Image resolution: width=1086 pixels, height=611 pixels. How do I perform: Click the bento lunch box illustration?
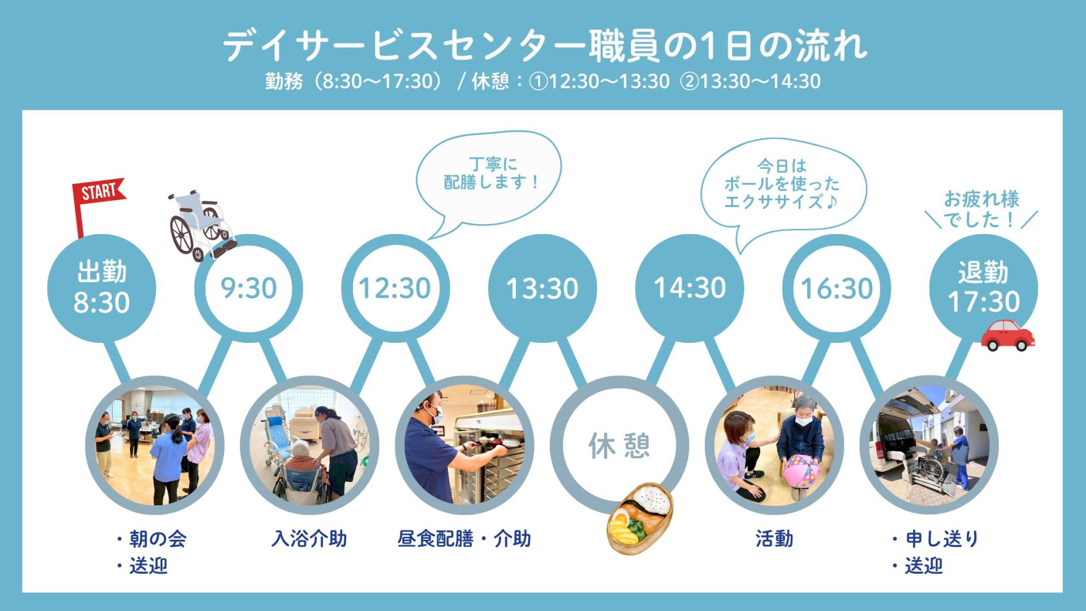click(640, 518)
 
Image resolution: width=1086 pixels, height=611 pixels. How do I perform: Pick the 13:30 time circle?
click(542, 288)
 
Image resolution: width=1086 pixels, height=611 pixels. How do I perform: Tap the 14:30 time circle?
click(689, 288)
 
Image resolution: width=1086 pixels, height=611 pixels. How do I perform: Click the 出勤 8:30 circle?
click(102, 288)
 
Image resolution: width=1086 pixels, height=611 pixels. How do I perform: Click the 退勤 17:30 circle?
click(984, 288)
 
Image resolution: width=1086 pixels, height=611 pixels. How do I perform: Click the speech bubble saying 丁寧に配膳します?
click(489, 178)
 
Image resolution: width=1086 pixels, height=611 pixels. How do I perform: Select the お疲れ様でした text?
click(981, 209)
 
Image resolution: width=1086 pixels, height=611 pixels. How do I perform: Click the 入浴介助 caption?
click(309, 539)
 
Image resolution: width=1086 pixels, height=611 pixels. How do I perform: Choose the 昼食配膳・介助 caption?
click(464, 539)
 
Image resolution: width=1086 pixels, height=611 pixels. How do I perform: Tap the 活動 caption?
click(774, 539)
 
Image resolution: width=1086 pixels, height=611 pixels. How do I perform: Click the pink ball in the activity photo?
click(801, 471)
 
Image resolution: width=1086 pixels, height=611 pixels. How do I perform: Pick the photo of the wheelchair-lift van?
click(929, 445)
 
